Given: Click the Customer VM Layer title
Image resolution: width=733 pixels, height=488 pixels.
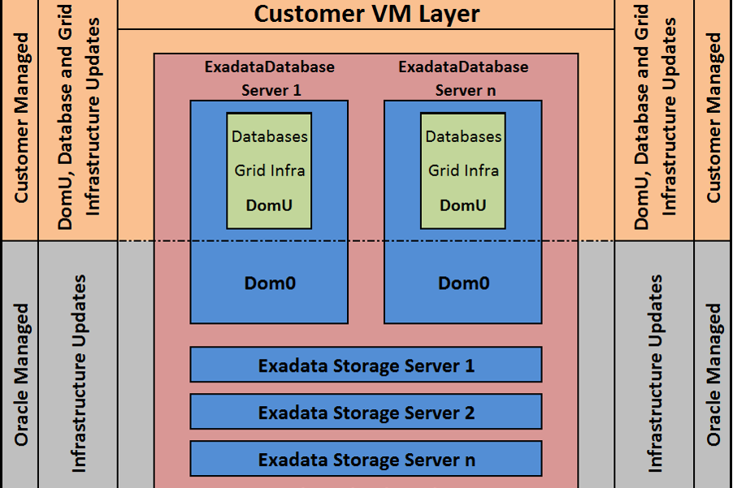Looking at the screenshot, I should click(366, 14).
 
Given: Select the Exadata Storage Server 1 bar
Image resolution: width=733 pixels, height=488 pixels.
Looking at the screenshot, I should click(366, 365).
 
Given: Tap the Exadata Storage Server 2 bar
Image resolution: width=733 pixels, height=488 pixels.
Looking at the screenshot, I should click(366, 412).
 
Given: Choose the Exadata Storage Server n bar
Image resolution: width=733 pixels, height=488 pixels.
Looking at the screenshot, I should click(366, 460).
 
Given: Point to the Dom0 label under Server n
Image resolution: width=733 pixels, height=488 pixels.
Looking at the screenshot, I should click(463, 283).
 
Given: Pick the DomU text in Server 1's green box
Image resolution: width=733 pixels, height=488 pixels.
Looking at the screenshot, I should click(269, 205).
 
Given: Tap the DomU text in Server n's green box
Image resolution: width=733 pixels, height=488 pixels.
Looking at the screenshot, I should click(463, 205).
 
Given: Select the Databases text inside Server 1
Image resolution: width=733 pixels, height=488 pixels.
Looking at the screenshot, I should click(269, 136).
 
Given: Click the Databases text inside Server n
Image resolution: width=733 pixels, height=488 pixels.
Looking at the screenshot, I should click(463, 136).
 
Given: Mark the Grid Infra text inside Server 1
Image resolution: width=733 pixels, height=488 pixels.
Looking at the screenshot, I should click(269, 171).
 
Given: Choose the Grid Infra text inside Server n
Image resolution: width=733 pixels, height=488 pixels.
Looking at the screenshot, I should click(463, 171).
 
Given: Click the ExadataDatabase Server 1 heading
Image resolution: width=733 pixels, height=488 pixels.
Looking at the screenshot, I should click(270, 78).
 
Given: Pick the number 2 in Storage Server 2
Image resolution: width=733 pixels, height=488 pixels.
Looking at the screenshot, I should click(469, 412).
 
